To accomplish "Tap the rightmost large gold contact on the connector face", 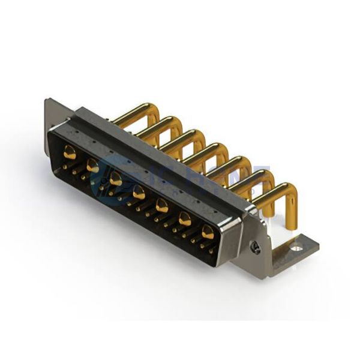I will pyautogui.click(x=208, y=231).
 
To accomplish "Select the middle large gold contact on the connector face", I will pyautogui.click(x=139, y=192).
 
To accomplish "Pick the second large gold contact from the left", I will pyautogui.click(x=93, y=167).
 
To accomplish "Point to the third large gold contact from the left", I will pyautogui.click(x=116, y=179).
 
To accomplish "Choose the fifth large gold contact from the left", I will pyautogui.click(x=162, y=205).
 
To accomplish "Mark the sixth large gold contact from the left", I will pyautogui.click(x=185, y=218).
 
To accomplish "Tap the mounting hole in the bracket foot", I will pyautogui.click(x=295, y=245).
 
